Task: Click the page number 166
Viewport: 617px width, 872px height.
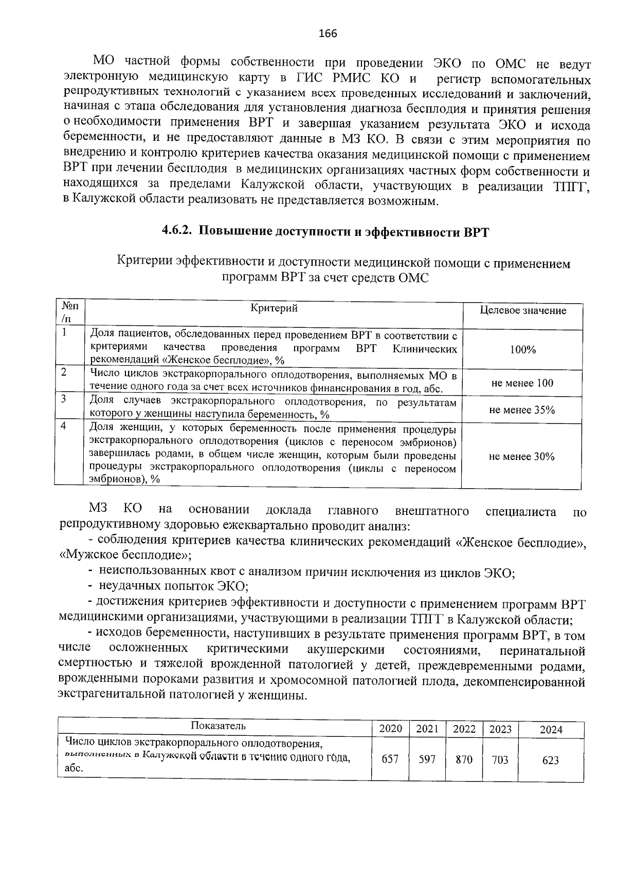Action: [328, 34]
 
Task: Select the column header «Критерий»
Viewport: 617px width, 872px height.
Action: [274, 308]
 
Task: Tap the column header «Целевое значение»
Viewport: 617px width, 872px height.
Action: [522, 310]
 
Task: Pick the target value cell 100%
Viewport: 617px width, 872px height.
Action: [522, 350]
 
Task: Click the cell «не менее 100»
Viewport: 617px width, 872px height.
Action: [522, 383]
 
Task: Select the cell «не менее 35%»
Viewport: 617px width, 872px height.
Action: [522, 410]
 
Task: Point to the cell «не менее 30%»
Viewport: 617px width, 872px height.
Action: [522, 456]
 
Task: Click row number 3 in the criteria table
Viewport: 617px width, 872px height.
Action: [63, 399]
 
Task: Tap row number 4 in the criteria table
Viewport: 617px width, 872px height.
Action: [63, 426]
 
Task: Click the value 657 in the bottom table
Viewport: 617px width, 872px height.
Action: [390, 759]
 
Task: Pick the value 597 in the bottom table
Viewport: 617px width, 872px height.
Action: [427, 759]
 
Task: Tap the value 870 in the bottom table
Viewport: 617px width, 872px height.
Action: [464, 759]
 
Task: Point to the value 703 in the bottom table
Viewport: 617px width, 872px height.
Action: [500, 759]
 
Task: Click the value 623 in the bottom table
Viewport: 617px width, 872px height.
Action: [551, 760]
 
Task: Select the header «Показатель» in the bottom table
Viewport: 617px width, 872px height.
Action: [218, 726]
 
